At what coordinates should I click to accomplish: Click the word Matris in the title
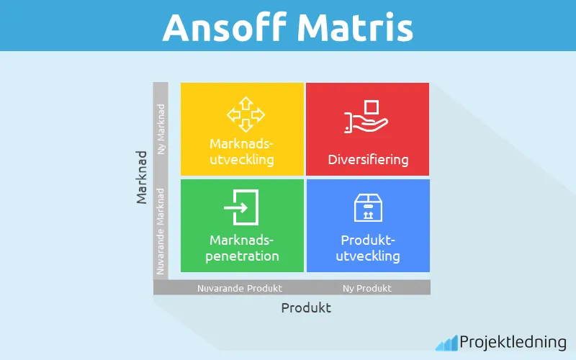click(x=352, y=27)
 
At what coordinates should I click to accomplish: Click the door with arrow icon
click(x=242, y=207)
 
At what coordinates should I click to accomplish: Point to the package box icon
click(x=367, y=207)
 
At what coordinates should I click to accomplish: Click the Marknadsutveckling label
click(x=242, y=151)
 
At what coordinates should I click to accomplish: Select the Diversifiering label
click(x=368, y=159)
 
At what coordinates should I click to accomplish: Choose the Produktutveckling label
click(x=368, y=248)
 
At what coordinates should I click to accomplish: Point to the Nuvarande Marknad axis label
click(x=161, y=230)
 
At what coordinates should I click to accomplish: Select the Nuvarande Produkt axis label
click(x=240, y=288)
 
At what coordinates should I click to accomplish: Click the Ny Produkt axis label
click(x=367, y=288)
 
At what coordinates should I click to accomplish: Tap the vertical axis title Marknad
click(x=142, y=176)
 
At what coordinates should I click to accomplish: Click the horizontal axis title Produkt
click(x=305, y=307)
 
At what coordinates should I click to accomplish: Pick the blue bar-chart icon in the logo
click(x=446, y=342)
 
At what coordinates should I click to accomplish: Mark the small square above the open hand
click(x=372, y=107)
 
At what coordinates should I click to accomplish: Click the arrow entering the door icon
click(x=236, y=208)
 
